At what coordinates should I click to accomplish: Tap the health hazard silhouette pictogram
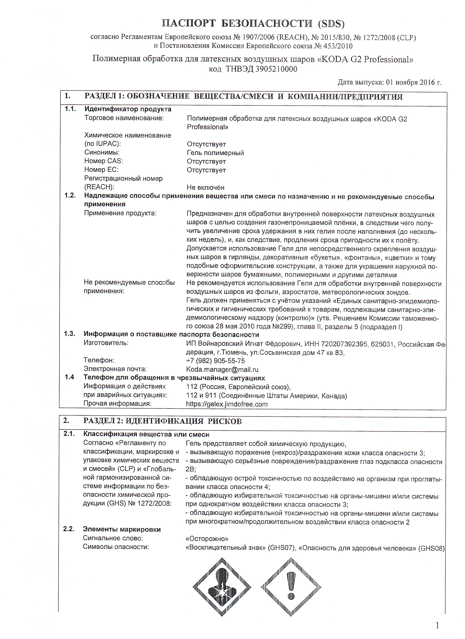pos(222,587)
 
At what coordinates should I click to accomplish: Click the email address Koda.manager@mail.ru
pos(222,369)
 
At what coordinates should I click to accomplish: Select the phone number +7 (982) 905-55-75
pos(215,361)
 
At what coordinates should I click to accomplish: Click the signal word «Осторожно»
pos(207,539)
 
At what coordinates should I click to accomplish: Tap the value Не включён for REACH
pos(206,187)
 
